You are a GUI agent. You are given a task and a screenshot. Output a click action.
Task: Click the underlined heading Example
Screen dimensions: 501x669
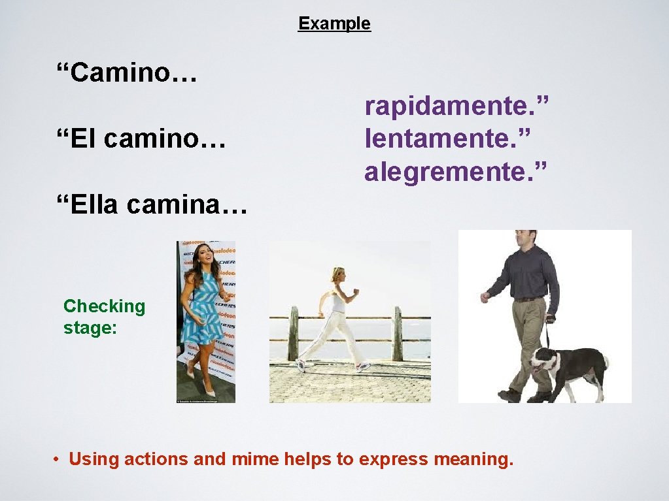point(334,24)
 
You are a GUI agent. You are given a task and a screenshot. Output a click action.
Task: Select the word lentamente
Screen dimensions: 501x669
point(447,138)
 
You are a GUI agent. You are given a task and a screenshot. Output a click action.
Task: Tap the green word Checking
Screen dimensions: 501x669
point(104,306)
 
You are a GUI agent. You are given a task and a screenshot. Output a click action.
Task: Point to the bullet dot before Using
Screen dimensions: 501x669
point(58,459)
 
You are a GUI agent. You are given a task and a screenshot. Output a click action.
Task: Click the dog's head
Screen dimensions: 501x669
point(542,361)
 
